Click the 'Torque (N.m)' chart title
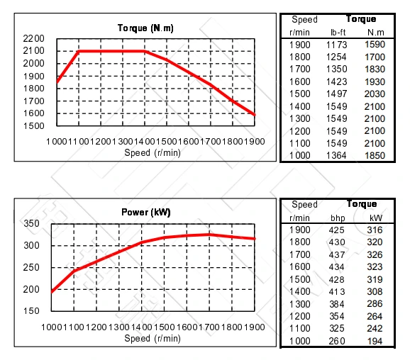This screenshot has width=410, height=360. point(145,28)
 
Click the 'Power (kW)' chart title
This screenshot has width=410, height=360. point(146,212)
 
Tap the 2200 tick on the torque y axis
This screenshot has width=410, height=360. point(33,38)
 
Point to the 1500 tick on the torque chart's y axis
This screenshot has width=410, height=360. point(33,126)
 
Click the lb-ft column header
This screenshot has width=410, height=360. point(339,32)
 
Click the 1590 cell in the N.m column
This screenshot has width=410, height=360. point(375,45)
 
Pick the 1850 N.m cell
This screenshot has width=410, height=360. point(375,156)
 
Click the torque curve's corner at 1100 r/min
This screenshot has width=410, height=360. point(79,51)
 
